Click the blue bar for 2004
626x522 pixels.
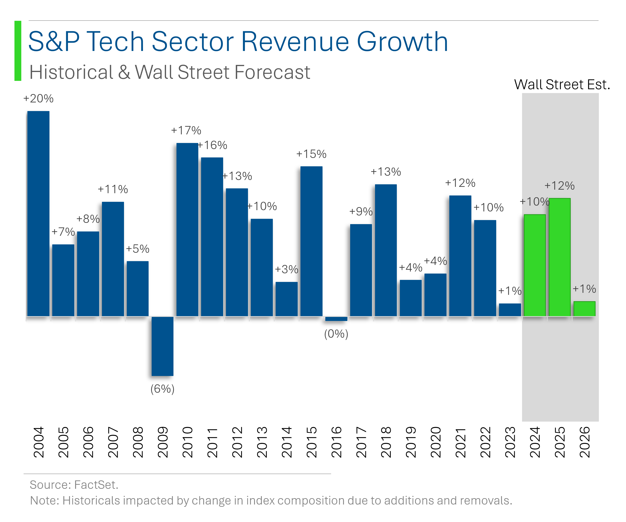38,213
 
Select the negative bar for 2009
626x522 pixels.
162,346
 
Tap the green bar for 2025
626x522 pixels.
560,257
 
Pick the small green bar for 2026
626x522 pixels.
584,309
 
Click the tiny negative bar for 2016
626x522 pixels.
336,319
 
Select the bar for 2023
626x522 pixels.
510,310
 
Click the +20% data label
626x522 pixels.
39,99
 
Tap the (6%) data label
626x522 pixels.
162,389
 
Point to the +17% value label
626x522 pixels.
186,131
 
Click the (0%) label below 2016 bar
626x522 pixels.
336,334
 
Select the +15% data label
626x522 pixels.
311,154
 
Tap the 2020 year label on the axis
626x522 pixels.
436,442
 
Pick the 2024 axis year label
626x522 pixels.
535,442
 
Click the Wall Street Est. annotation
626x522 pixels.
562,85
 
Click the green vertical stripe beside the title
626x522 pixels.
18,51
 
